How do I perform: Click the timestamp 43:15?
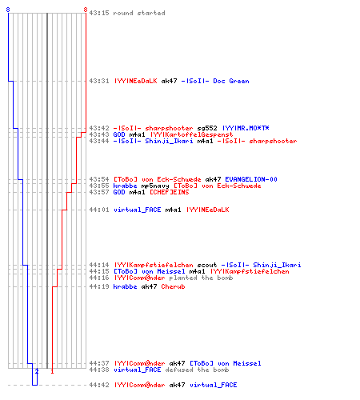coord(99,13)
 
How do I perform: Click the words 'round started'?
coord(139,13)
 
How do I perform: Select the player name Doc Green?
coord(231,81)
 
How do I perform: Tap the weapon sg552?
coord(207,128)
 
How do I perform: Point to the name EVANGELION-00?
coord(251,179)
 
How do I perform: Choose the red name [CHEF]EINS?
coord(169,192)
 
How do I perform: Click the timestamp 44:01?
coord(99,210)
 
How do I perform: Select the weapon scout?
coord(207,265)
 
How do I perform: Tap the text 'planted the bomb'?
coord(201,278)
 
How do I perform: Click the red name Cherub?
coord(173,286)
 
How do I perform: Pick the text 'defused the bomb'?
coord(197,370)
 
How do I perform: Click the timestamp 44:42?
coord(99,385)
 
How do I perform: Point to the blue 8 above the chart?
coord(8,10)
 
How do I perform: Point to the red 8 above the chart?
coord(86,10)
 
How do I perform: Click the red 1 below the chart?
coord(52,371)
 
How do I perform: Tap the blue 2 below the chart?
coord(37,371)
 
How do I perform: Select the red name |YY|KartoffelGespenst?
coord(191,134)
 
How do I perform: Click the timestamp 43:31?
coord(99,81)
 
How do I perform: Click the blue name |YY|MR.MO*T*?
coord(246,128)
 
